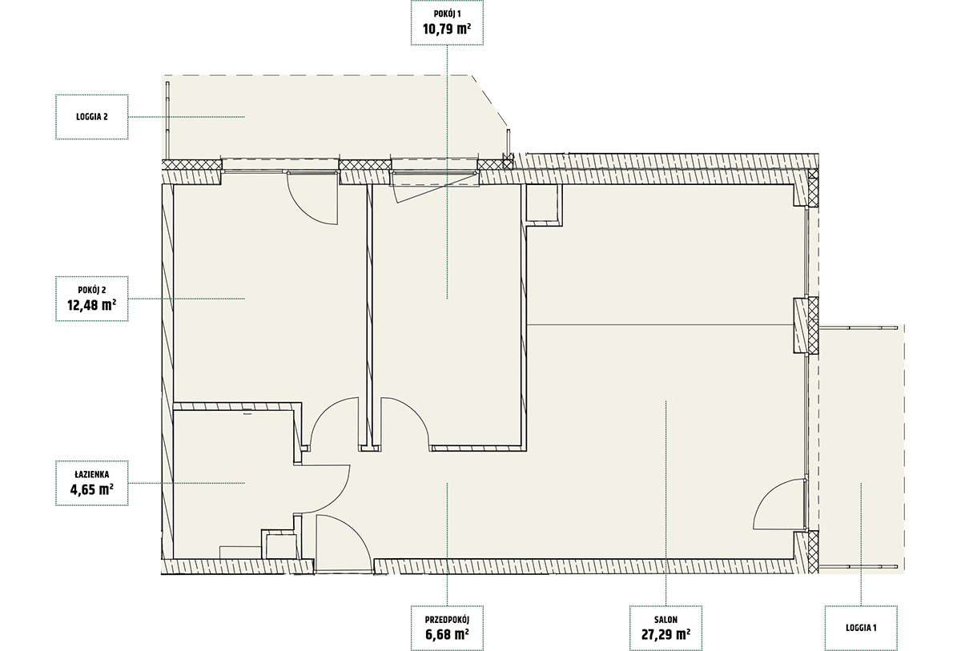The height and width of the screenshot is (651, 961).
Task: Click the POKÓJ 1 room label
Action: click(x=447, y=14)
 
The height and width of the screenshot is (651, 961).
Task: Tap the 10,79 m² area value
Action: click(x=447, y=29)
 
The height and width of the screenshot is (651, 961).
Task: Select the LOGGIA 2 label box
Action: click(x=92, y=117)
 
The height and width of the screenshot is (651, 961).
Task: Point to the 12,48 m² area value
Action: click(x=92, y=305)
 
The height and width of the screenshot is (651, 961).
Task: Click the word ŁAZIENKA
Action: click(x=92, y=475)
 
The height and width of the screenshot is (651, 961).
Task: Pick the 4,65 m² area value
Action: click(x=92, y=489)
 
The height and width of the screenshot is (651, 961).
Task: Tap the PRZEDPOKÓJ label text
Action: click(x=447, y=620)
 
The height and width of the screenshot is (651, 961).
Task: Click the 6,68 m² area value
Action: click(x=447, y=634)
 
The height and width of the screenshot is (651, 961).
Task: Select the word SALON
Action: click(x=665, y=620)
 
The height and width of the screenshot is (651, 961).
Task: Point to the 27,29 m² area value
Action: click(x=665, y=634)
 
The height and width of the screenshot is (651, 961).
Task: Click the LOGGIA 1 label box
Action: click(x=861, y=628)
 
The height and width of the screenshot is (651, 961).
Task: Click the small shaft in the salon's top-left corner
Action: click(x=544, y=204)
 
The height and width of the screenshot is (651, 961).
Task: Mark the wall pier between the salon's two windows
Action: click(x=806, y=325)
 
